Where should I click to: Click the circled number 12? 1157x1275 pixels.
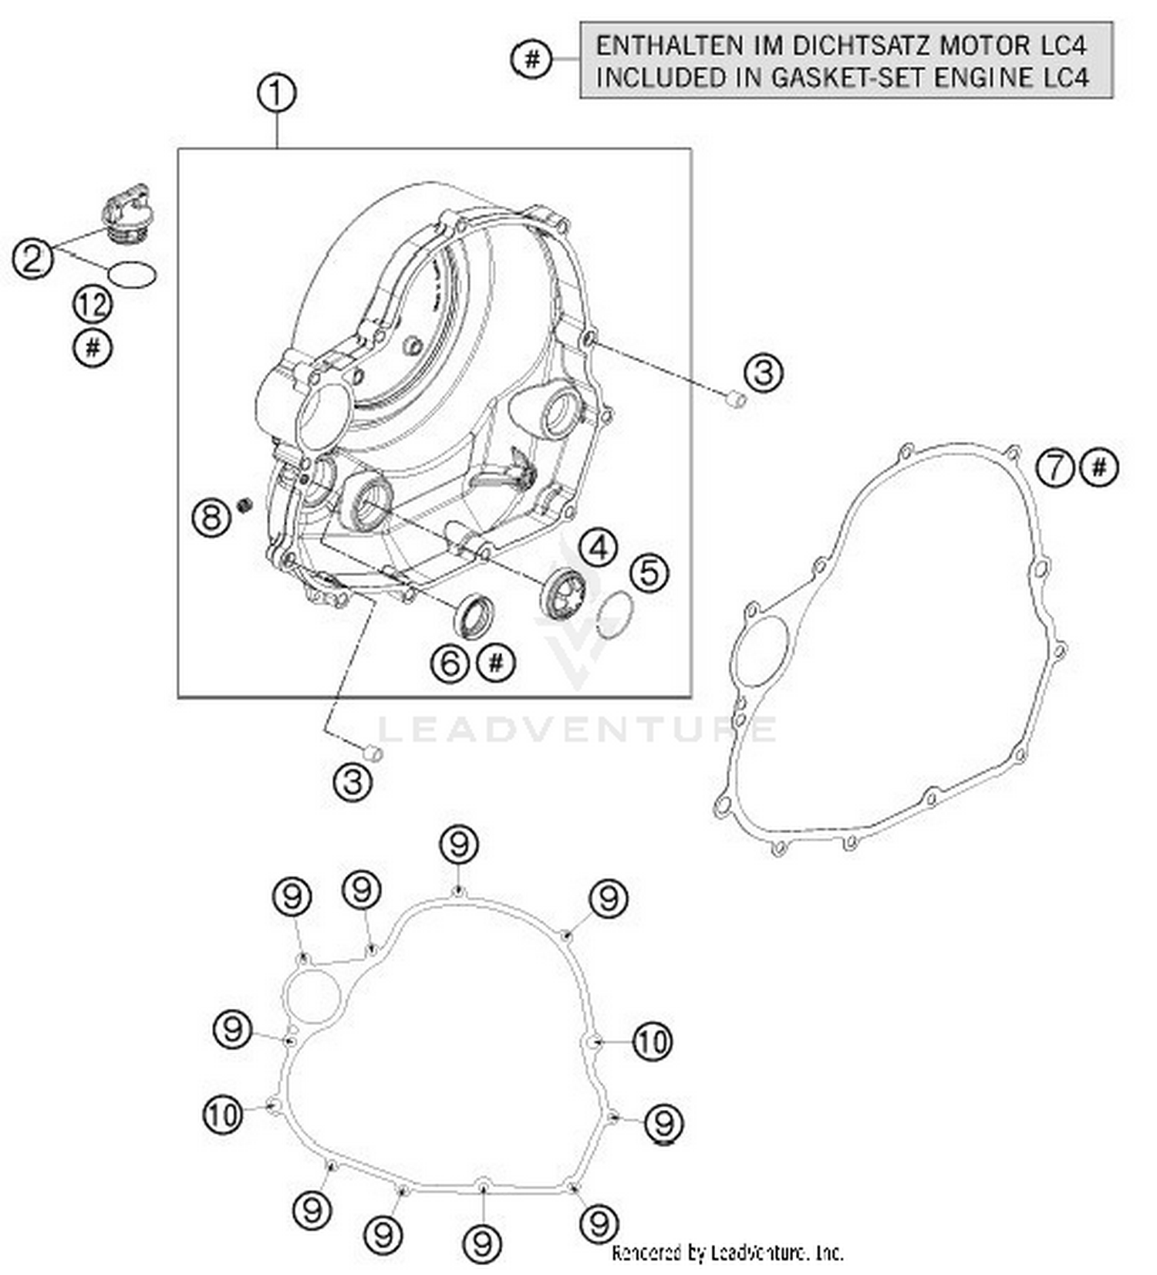tap(93, 305)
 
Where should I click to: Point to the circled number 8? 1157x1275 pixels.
tap(211, 517)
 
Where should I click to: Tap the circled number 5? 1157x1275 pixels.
tap(649, 573)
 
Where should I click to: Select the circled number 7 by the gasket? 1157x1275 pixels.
tap(1054, 467)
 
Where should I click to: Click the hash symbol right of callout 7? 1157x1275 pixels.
tap(1100, 467)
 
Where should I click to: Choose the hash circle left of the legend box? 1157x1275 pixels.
tap(532, 59)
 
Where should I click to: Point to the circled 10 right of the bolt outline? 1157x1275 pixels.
tap(653, 1042)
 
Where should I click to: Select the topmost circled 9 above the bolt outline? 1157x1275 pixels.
tap(459, 845)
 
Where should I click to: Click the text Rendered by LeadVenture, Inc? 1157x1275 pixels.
tap(727, 1252)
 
